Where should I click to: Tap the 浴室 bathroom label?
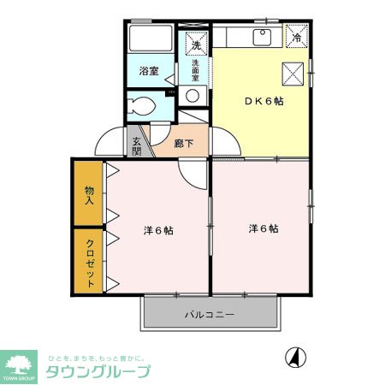pos(149,72)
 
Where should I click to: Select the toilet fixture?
pos(142,107)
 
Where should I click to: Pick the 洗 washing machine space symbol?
pos(195,44)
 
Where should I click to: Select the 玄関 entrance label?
pos(137,147)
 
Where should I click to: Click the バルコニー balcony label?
pos(210,315)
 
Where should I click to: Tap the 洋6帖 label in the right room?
pos(264,228)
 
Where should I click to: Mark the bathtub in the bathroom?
pos(151,40)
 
